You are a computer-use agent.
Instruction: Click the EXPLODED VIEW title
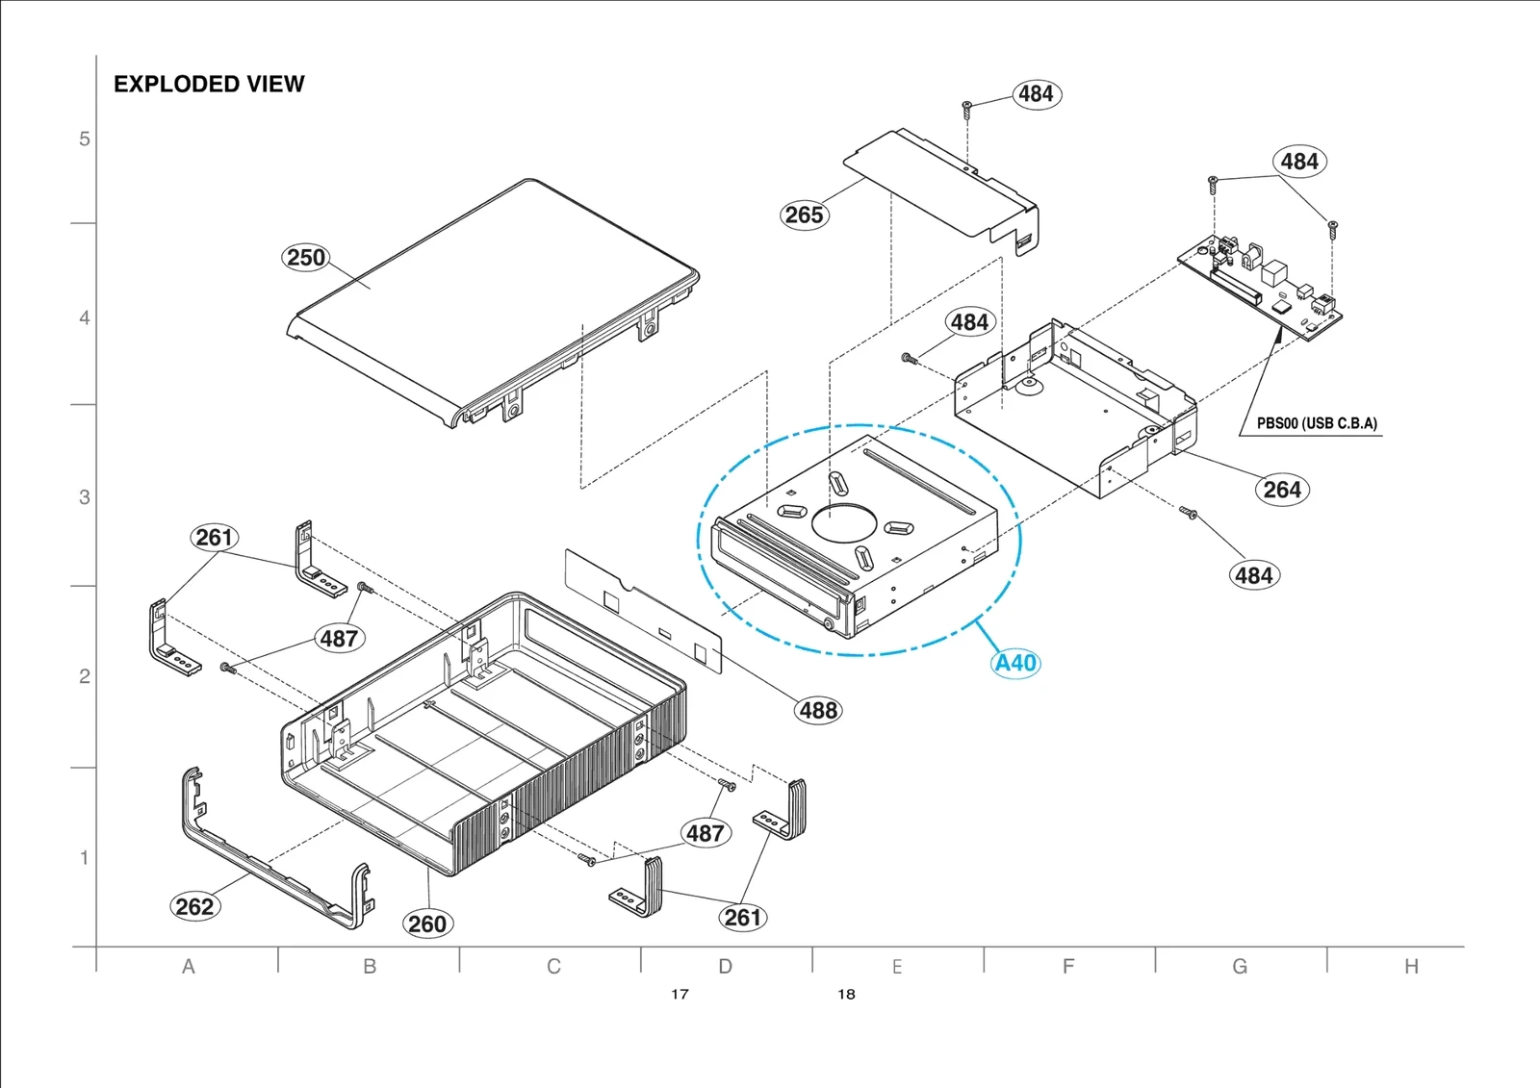tap(209, 85)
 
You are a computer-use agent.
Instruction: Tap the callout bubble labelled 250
tap(306, 258)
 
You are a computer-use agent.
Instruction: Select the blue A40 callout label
tap(1015, 664)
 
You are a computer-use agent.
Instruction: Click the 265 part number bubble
tap(804, 215)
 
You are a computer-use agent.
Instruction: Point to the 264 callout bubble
tap(1282, 490)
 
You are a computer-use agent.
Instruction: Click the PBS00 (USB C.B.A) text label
tap(1316, 423)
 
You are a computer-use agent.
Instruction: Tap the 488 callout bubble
tap(818, 711)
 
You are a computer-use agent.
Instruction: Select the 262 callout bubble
tap(194, 906)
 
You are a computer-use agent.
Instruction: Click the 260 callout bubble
tap(427, 924)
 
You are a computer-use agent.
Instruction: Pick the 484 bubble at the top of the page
tap(1036, 94)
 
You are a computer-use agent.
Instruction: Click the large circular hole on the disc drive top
tap(844, 522)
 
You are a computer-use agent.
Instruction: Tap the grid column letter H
tap(1410, 966)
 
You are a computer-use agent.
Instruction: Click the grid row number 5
tap(85, 139)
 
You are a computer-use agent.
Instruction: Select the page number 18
tap(846, 994)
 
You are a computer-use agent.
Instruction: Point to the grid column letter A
tap(189, 966)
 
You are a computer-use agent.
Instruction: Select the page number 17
tap(680, 994)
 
